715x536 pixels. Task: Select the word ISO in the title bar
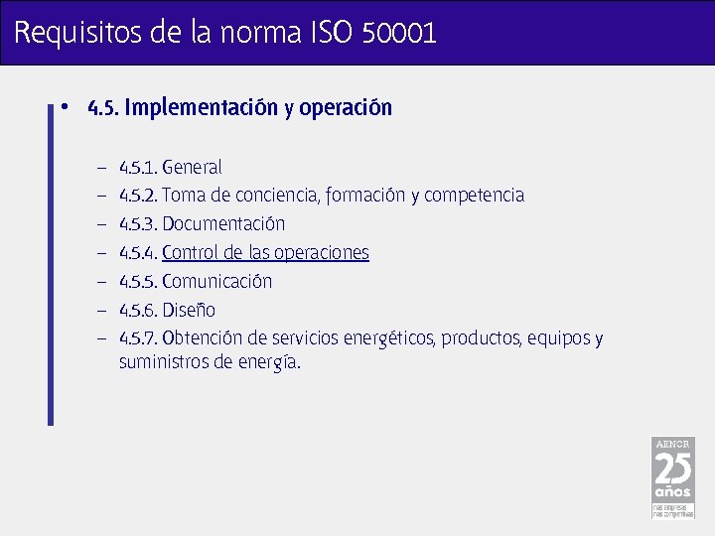[x=331, y=34]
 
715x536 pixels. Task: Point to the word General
[x=192, y=167]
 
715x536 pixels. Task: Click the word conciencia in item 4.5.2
[x=277, y=196]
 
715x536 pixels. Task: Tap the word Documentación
[x=223, y=224]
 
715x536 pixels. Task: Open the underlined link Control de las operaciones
[x=265, y=253]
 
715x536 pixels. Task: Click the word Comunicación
[x=216, y=282]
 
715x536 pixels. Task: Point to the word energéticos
[x=388, y=339]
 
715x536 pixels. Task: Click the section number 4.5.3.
[x=138, y=224]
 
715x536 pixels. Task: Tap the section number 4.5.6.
[x=138, y=311]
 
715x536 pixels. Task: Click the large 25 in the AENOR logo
[x=672, y=468]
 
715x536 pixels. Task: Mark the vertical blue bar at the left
[x=51, y=263]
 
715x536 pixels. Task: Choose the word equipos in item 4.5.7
[x=559, y=339]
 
